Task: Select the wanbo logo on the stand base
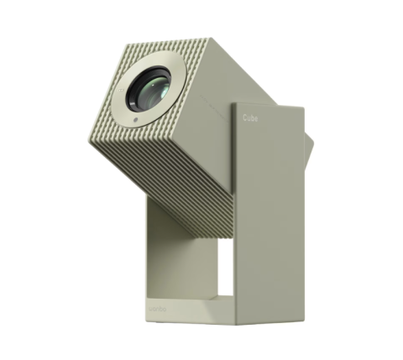coord(157,309)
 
